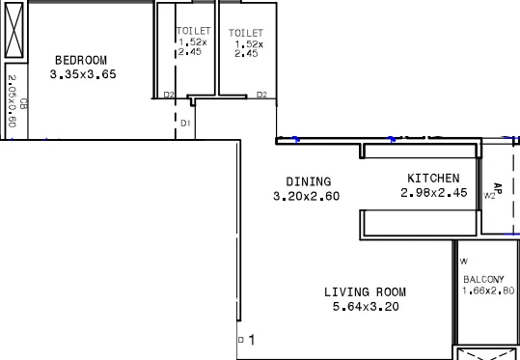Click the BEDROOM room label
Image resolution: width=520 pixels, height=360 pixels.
80,60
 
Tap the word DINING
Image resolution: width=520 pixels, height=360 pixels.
308,181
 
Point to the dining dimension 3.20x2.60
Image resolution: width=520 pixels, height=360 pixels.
306,196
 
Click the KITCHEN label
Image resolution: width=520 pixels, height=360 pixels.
433,179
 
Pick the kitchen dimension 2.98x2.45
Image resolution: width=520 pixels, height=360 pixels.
433,193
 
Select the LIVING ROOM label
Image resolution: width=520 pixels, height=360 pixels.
365,292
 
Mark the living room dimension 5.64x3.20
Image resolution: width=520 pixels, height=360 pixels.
365,307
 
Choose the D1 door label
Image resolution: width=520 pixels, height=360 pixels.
186,124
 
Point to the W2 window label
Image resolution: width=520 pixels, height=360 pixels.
490,196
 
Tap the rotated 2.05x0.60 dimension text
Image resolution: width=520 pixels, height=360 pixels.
12,101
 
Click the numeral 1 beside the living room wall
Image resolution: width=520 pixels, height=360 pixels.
251,340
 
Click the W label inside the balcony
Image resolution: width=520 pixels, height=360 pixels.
463,262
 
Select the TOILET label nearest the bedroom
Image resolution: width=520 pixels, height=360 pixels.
193,32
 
